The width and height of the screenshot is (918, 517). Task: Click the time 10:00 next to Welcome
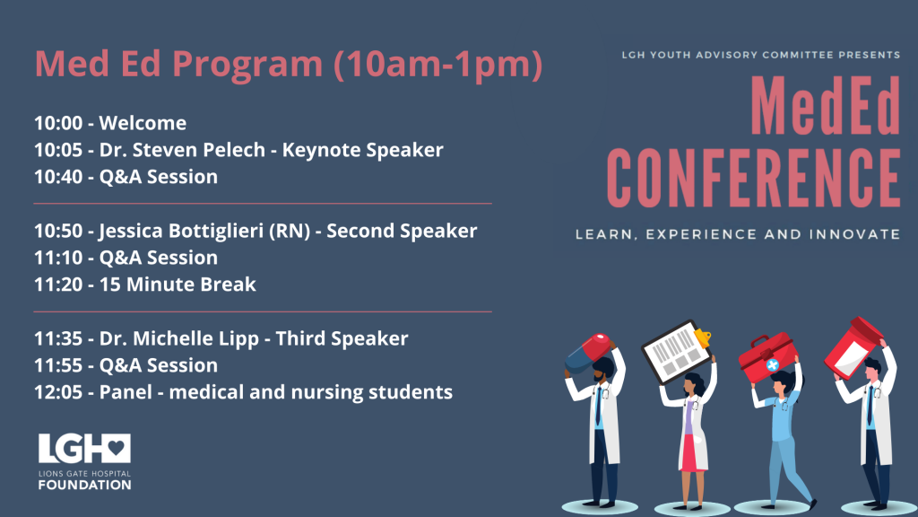coord(58,123)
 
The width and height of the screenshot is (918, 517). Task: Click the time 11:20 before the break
coord(58,285)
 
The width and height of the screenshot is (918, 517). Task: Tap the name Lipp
coord(238,339)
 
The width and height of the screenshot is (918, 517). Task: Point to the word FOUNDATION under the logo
coord(85,485)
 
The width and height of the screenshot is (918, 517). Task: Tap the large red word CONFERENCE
coord(753,179)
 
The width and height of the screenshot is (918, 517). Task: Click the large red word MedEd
coord(826,106)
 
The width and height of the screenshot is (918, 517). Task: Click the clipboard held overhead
coord(677,351)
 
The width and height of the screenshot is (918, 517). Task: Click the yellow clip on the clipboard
coord(702,337)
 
